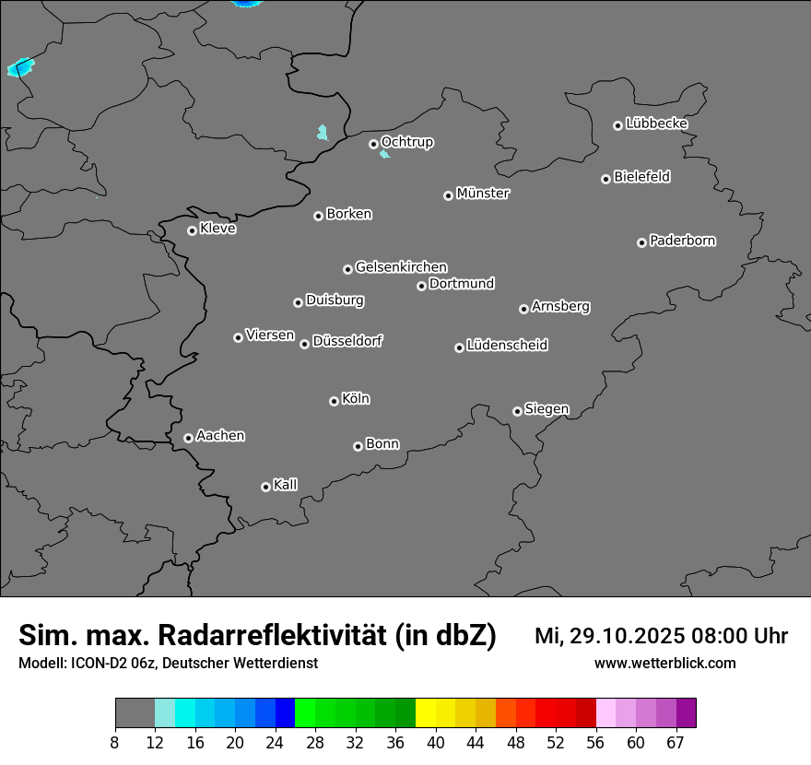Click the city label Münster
(x=483, y=194)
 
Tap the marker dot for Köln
(x=334, y=401)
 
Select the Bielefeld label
(x=641, y=177)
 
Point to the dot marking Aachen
(x=188, y=438)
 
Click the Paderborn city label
(x=682, y=241)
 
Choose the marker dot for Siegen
(x=517, y=411)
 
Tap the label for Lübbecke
(x=656, y=124)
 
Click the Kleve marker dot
(x=192, y=230)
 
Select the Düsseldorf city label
(x=347, y=341)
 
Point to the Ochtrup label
(x=406, y=142)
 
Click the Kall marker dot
(x=265, y=487)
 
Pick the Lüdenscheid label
(x=507, y=346)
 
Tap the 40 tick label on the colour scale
(x=436, y=743)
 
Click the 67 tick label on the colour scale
(x=675, y=743)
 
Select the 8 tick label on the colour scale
(x=114, y=743)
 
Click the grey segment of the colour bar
(x=135, y=713)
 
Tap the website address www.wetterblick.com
(x=664, y=663)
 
